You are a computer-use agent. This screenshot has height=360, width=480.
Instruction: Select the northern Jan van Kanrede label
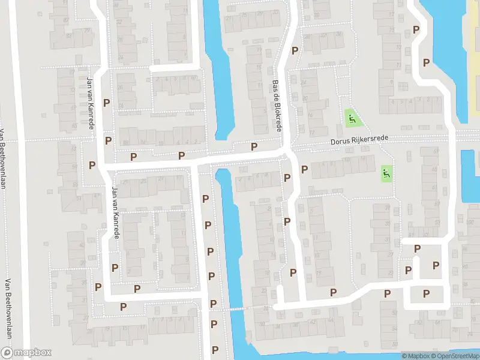(91, 103)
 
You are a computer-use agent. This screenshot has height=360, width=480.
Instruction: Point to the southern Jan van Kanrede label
(115, 211)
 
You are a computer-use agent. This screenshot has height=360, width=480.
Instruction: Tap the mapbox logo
(26, 353)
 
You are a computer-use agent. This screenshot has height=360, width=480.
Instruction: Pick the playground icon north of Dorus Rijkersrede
(350, 118)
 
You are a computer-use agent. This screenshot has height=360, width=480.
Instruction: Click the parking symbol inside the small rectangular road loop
(427, 293)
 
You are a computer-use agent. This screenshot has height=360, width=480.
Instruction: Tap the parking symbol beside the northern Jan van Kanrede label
(107, 103)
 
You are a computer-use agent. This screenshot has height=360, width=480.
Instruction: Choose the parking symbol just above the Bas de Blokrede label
(295, 51)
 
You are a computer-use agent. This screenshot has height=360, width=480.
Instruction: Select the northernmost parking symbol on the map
(415, 30)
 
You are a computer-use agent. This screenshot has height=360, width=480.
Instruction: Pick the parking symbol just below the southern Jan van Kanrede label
(115, 267)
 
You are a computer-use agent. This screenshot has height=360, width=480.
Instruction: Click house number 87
(70, 35)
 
